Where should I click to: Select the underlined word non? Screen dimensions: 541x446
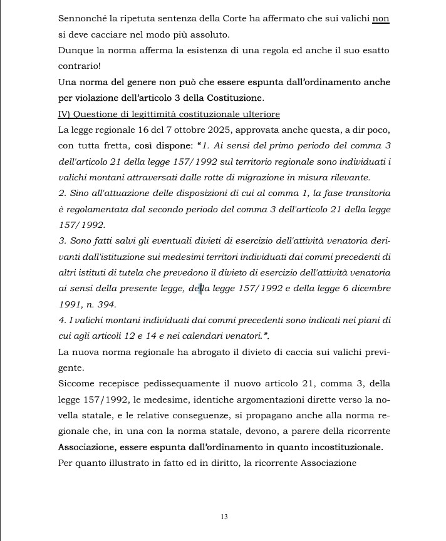coord(381,19)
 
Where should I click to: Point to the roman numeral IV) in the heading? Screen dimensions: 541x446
coord(65,114)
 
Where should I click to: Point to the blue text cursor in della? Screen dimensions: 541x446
coord(200,289)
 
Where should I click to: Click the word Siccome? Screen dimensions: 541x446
coord(76,384)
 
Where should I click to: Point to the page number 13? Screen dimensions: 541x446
coord(224,517)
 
